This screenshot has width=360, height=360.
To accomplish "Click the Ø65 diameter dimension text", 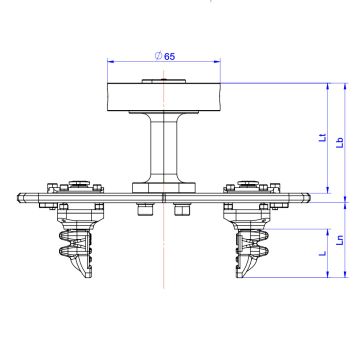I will (166, 56).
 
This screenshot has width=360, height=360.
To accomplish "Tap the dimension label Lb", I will (340, 141).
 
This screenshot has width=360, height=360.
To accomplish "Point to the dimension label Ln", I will (339, 241).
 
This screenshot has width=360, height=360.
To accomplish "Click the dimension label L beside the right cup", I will (321, 255).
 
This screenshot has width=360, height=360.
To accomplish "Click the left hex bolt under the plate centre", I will (145, 208).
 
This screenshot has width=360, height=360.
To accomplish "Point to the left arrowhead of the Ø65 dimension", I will (110, 62).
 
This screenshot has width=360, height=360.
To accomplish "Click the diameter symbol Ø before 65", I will (158, 56).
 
